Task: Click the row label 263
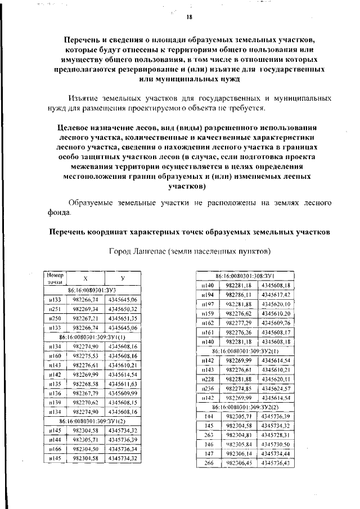tap(208, 435)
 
